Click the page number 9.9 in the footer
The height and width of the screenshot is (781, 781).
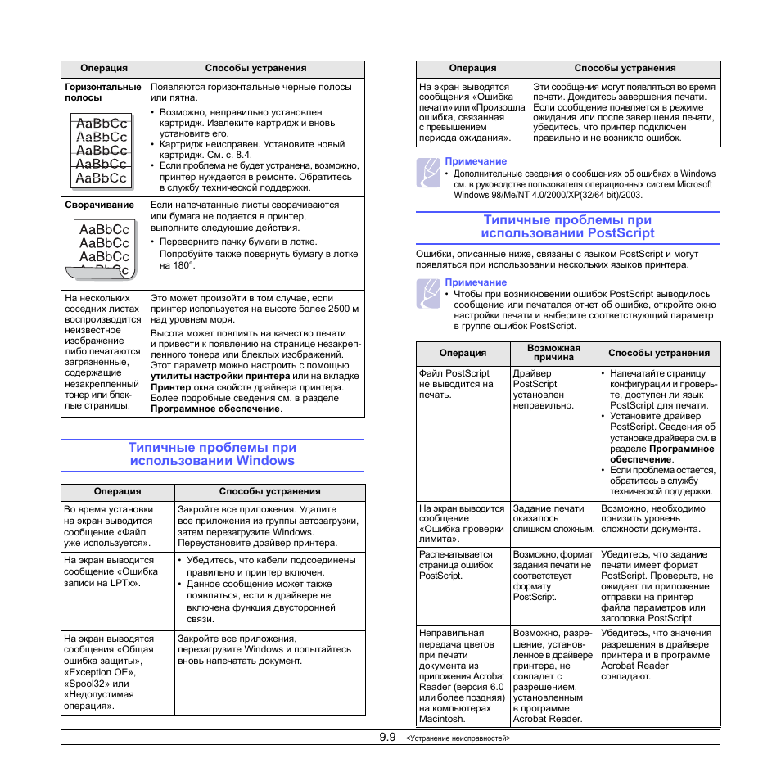coord(387,738)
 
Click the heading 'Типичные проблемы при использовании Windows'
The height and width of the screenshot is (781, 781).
coord(212,454)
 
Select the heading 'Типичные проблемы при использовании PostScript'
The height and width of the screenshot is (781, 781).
coord(567,226)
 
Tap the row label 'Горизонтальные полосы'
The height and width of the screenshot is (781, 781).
coord(103,92)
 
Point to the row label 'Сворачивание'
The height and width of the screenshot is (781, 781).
coord(99,205)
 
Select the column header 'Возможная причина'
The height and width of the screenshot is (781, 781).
coord(553,353)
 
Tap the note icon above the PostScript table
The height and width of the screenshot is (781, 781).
coord(427,294)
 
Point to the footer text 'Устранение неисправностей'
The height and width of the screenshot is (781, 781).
coord(458,738)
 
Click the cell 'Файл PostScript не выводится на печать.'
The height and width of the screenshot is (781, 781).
coord(456,384)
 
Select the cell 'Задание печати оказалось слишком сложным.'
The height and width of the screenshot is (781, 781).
coord(553,518)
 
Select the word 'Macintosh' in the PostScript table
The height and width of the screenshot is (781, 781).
coord(442,719)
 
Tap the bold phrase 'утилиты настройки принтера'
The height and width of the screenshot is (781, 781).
coord(220,376)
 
